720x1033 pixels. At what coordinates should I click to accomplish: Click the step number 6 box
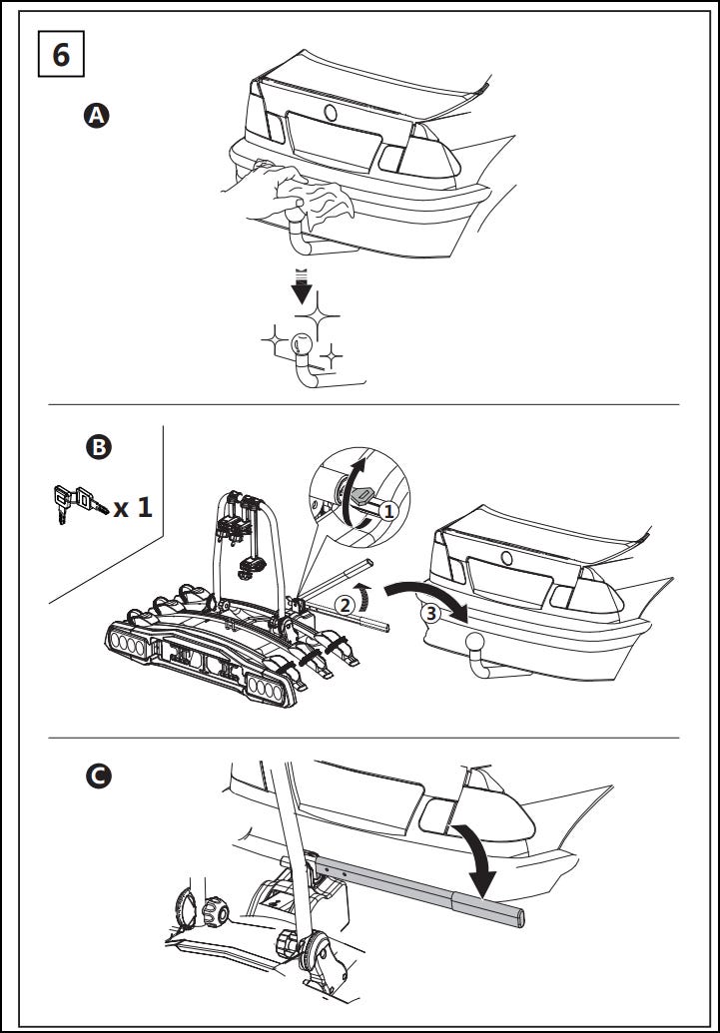[x=61, y=55]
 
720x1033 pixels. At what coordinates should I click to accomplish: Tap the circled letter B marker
[x=99, y=447]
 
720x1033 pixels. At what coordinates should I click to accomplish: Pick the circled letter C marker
[x=99, y=775]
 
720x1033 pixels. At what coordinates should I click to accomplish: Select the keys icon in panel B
[x=76, y=503]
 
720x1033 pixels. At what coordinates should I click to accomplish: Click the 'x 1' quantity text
[x=133, y=507]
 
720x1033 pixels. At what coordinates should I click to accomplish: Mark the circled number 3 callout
[x=430, y=614]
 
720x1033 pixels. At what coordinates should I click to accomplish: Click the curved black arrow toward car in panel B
[x=423, y=595]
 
